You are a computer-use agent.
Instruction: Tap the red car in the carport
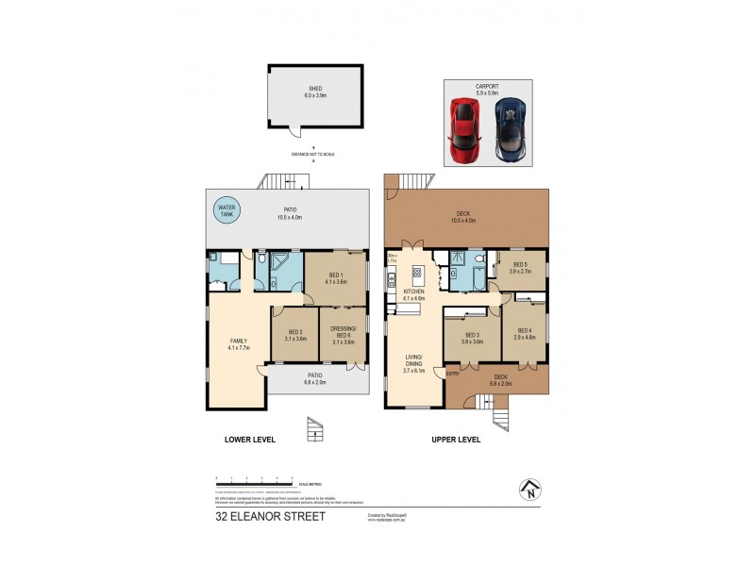pos(463,131)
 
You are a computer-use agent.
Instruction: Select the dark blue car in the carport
pos(511,131)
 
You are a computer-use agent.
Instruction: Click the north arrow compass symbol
pos(530,490)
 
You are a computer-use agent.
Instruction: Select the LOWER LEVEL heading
pos(249,440)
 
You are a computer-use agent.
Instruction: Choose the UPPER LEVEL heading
pos(456,440)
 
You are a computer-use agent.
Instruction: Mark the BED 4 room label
pos(524,333)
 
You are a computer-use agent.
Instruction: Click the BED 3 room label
pos(472,338)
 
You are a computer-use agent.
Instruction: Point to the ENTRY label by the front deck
pos(453,374)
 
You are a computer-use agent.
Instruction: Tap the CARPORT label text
pos(487,88)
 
